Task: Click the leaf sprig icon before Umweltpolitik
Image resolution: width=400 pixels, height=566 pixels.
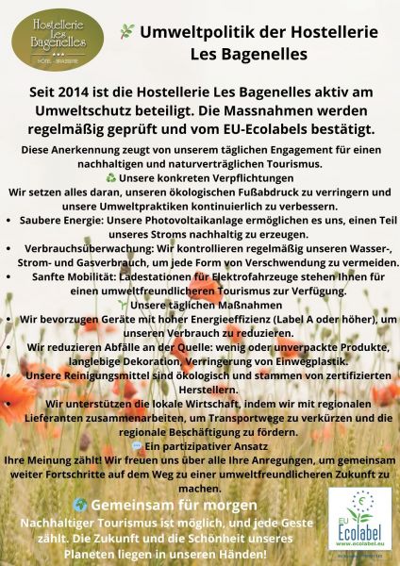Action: pos(126,32)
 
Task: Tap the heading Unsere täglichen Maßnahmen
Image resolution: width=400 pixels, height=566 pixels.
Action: pos(201,304)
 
